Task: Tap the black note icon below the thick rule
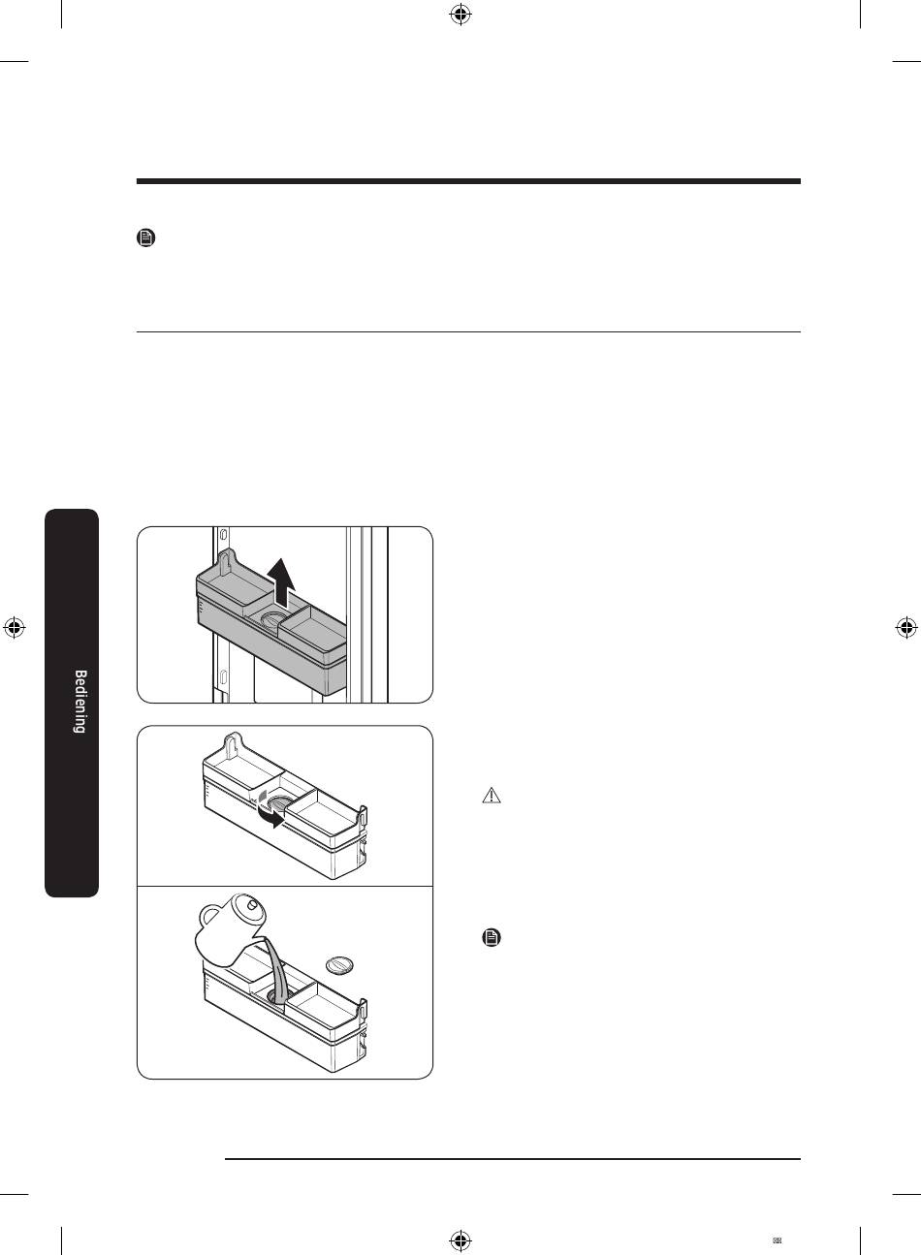(x=146, y=237)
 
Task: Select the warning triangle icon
(x=492, y=796)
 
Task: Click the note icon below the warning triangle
(x=492, y=937)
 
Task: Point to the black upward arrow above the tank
(x=281, y=582)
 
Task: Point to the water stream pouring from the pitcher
(x=277, y=969)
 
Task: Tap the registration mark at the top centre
(x=460, y=15)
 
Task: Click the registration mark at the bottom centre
(x=460, y=1239)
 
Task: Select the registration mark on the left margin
(x=14, y=628)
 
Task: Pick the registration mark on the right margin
(x=906, y=628)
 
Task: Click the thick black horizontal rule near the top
(x=468, y=181)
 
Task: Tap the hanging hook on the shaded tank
(x=225, y=563)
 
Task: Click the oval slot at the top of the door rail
(x=224, y=533)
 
